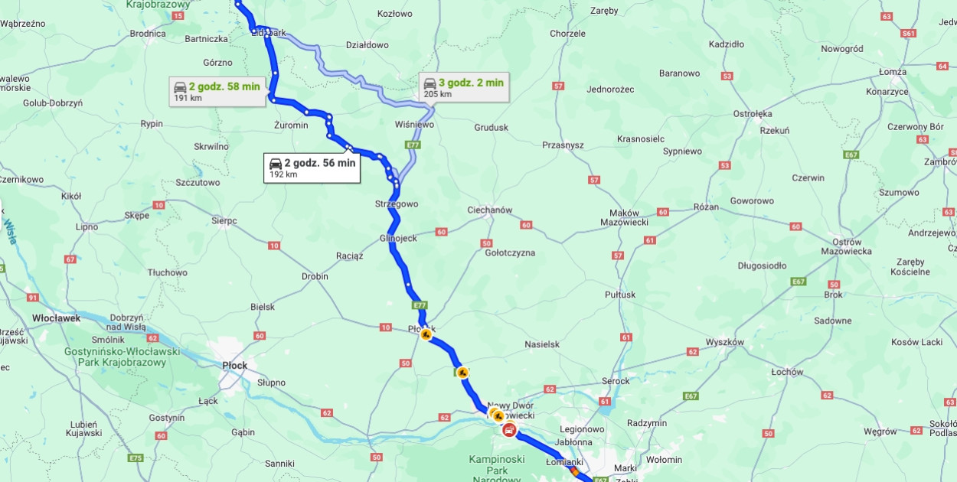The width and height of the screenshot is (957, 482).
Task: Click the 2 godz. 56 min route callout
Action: pos(312,168)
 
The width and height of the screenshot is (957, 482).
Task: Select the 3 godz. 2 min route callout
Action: pos(463,87)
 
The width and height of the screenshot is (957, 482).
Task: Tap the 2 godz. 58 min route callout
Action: pos(216,91)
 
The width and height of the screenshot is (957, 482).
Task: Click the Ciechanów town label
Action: pos(489,210)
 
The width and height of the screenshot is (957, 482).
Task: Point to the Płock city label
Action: pos(234,366)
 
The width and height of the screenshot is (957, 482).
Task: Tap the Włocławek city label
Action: pos(56,318)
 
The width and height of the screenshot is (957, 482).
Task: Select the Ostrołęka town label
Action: pos(753,114)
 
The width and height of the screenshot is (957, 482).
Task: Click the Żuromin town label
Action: pos(291,125)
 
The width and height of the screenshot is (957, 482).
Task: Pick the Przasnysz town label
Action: pos(563,145)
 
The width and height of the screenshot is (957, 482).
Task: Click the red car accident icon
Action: pos(508,429)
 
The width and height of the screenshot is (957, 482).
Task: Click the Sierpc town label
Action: pos(224,220)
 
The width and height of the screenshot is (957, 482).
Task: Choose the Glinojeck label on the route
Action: pos(398,238)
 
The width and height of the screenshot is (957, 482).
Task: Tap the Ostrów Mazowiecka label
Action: pos(846,246)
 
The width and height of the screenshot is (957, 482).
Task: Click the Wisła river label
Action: pos(10,229)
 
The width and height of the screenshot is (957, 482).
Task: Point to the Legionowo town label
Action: pos(582,429)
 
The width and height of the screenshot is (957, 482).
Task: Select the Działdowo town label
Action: pos(367,44)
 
